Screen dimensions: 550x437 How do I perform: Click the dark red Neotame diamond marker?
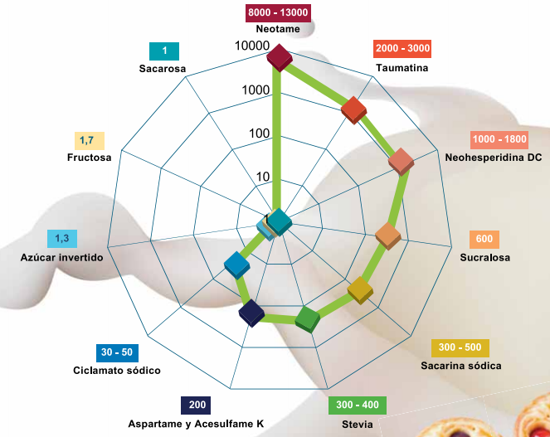(280, 58)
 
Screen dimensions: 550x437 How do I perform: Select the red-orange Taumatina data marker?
(353, 110)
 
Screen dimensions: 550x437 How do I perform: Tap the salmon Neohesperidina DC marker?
(401, 162)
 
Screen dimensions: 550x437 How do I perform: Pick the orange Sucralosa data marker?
(388, 235)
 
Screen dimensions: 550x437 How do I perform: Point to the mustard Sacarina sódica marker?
(360, 290)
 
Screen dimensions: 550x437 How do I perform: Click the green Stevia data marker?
(308, 319)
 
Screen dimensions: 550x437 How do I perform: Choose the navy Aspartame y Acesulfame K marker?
(251, 313)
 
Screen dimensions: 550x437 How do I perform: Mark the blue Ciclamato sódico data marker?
(237, 265)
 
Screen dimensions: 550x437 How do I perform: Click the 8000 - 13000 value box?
(278, 13)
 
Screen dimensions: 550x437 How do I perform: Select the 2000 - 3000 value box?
(402, 48)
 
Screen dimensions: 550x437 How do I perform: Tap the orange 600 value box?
(484, 239)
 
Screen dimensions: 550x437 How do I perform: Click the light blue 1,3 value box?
(62, 239)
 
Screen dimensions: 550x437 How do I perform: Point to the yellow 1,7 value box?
(90, 141)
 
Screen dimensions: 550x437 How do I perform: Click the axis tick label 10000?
(252, 46)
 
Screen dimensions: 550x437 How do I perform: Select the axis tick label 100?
(259, 134)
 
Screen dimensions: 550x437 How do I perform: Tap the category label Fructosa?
(89, 158)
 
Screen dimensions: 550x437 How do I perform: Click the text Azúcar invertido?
(61, 257)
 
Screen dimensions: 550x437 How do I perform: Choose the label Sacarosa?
(163, 68)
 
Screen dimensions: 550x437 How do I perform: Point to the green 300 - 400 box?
(358, 405)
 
